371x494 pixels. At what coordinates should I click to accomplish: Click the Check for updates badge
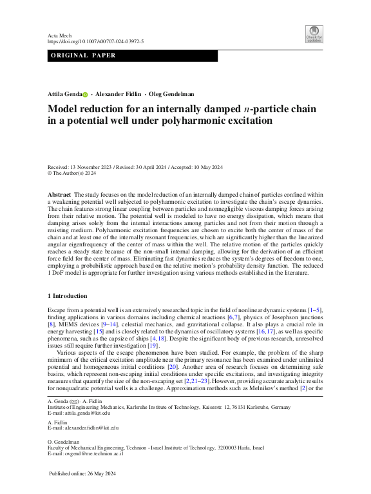[x=314, y=34]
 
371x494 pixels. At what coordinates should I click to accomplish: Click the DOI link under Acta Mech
[x=96, y=41]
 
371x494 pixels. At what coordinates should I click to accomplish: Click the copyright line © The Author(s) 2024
[x=72, y=173]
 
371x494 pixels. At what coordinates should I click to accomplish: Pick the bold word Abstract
[x=60, y=194]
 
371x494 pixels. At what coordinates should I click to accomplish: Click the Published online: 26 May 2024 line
[x=86, y=474]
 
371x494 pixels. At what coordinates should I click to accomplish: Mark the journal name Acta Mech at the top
[x=59, y=35]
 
